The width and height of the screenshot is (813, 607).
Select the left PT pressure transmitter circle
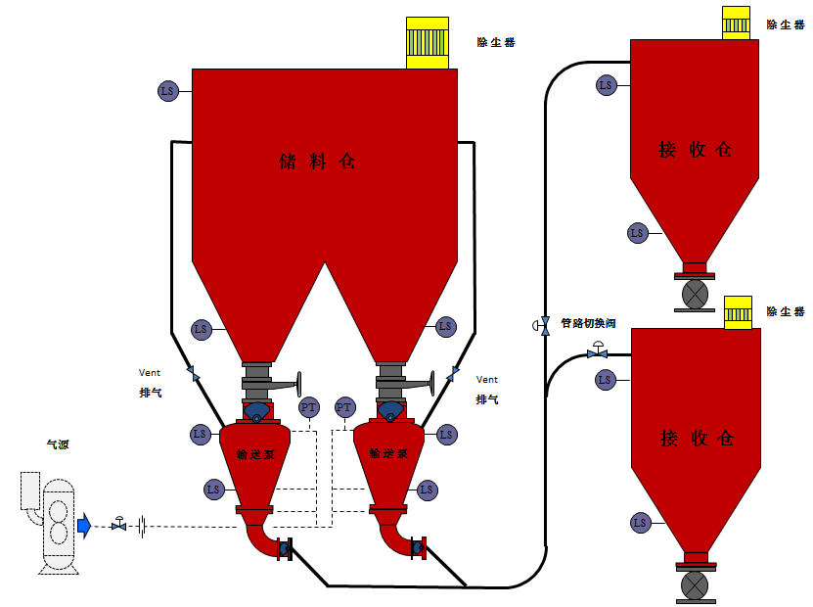(x=309, y=407)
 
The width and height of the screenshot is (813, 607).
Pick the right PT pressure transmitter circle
(x=344, y=407)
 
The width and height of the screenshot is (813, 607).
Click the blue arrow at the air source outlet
(x=84, y=526)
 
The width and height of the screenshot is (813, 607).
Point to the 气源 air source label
(x=58, y=445)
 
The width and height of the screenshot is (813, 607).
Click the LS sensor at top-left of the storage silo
(x=167, y=91)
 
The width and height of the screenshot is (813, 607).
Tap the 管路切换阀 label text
(x=588, y=323)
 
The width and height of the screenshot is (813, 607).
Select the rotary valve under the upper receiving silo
(x=694, y=294)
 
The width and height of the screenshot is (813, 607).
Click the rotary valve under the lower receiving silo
(x=694, y=585)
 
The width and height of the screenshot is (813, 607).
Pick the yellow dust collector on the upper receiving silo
(x=737, y=23)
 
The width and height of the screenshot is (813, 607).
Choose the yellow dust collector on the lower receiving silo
(x=737, y=311)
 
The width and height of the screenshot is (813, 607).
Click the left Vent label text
(x=149, y=373)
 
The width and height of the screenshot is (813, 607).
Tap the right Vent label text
(x=487, y=380)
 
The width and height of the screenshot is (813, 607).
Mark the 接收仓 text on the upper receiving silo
(x=696, y=150)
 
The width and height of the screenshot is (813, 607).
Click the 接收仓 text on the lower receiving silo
(x=697, y=438)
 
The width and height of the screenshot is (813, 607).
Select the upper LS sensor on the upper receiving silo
(x=607, y=85)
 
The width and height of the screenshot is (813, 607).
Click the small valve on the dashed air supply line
(x=118, y=525)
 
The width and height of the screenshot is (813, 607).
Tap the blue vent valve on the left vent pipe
(x=193, y=373)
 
